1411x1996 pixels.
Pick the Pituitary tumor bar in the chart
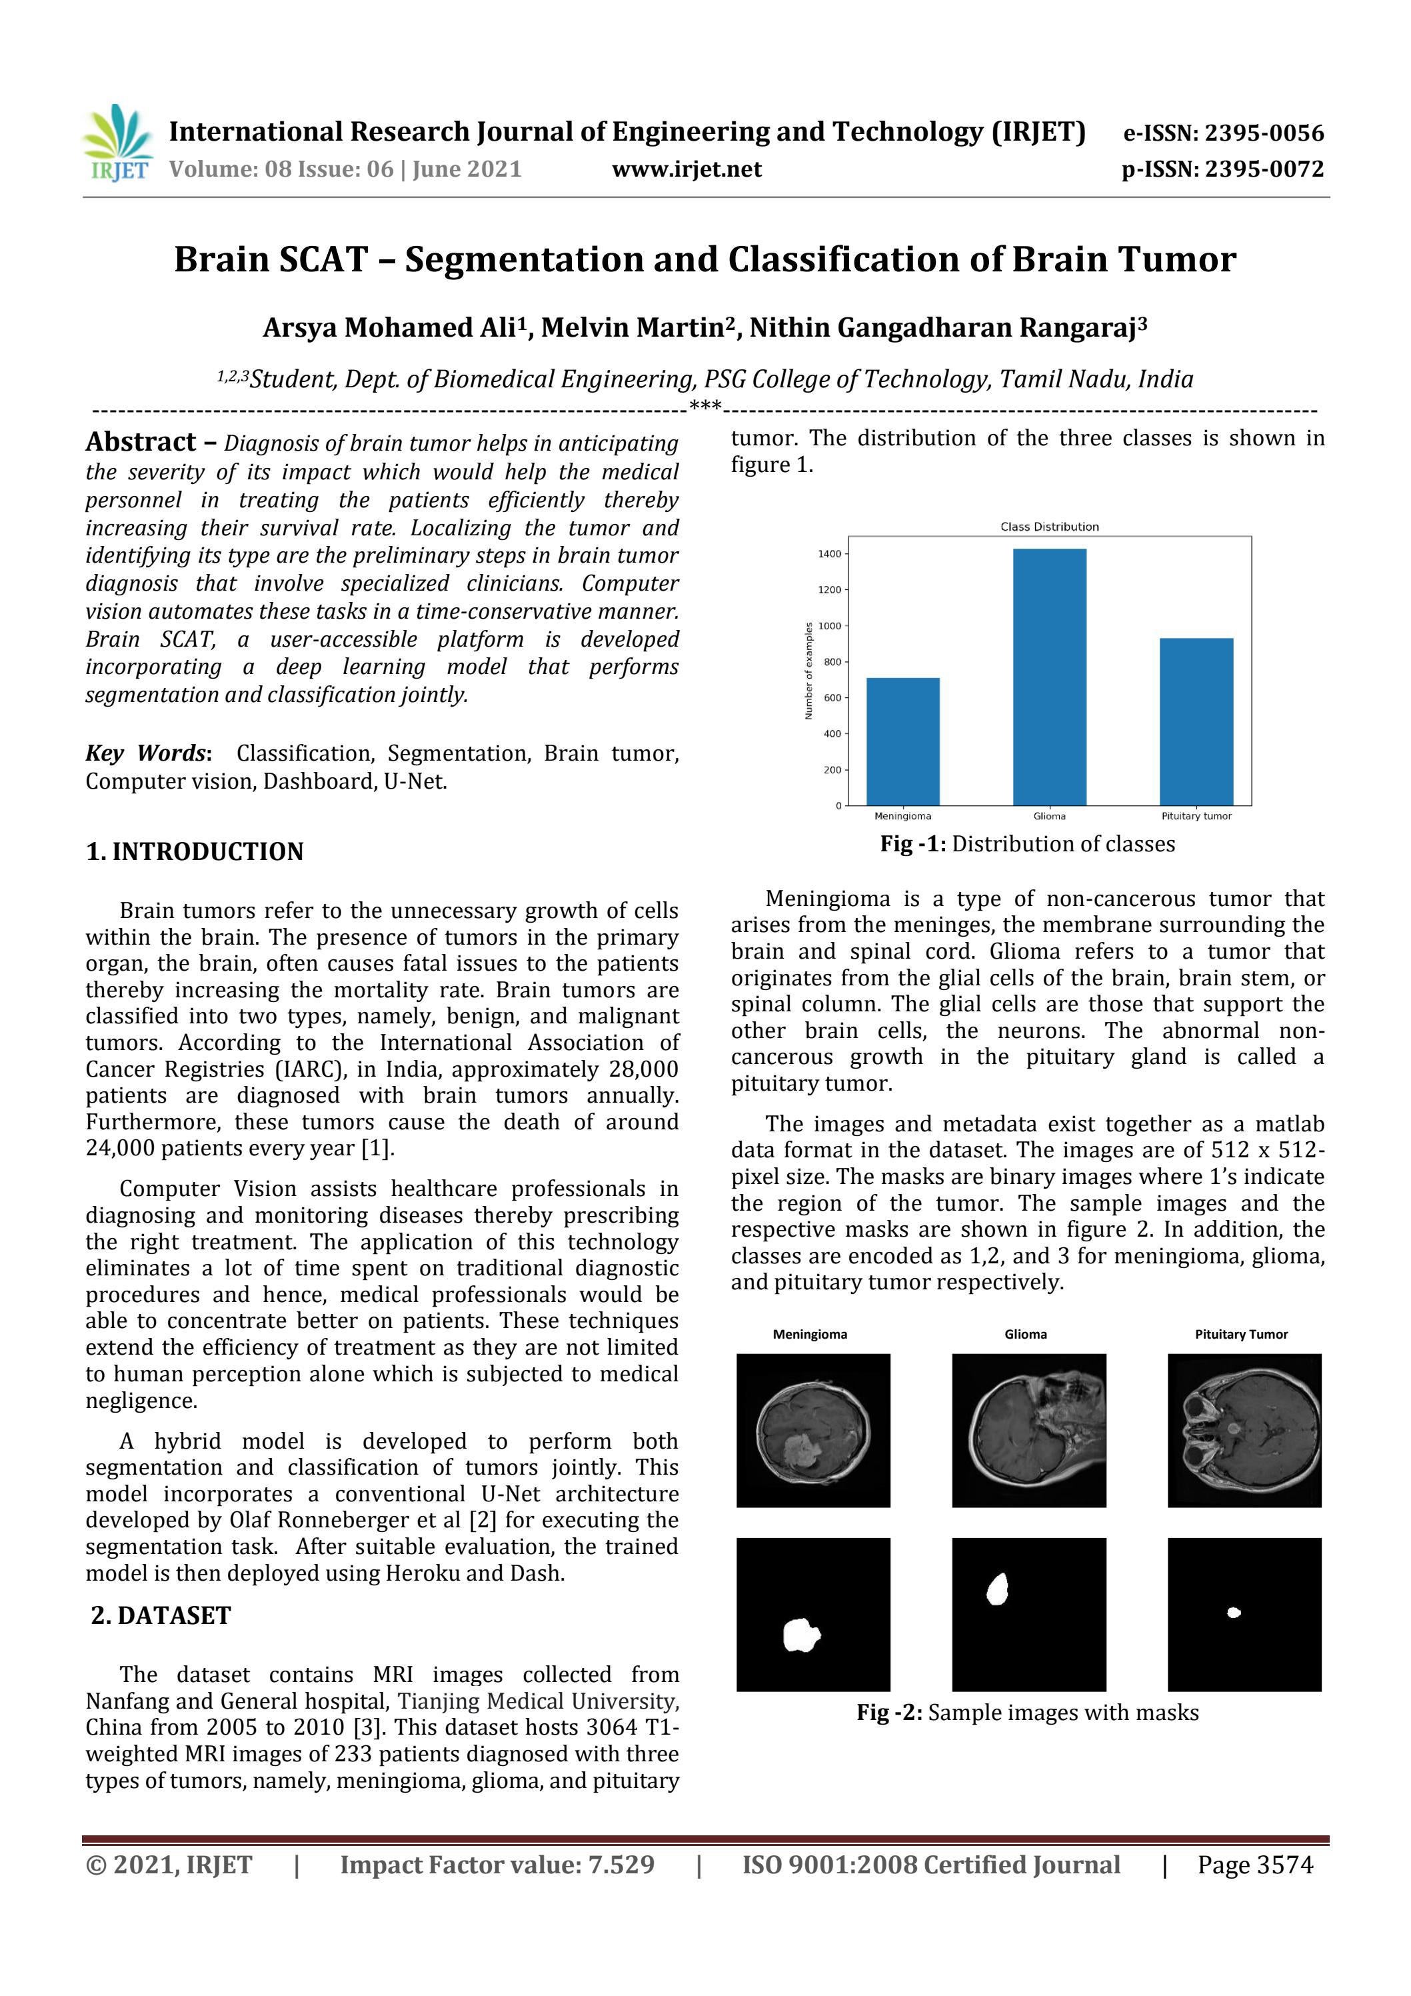click(x=1196, y=721)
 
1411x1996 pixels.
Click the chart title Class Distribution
click(x=1049, y=527)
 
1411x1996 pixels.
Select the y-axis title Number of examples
click(x=808, y=670)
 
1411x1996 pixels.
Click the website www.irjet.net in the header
click(x=687, y=169)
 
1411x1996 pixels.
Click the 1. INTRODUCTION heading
click(x=195, y=851)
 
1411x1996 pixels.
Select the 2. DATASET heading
click(x=162, y=1615)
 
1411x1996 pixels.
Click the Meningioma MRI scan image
click(x=813, y=1430)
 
